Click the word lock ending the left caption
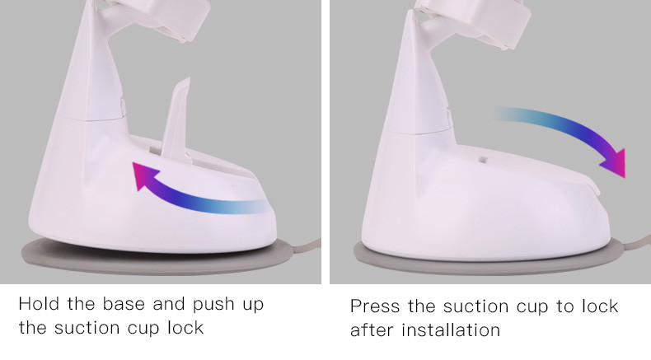point(185,327)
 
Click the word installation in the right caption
point(451,330)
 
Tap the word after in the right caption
point(371,330)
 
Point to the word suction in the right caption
point(475,306)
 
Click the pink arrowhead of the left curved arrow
point(143,175)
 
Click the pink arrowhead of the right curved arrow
point(614,163)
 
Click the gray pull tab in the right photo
point(635,243)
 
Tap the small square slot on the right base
point(482,159)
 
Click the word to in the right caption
point(564,306)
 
